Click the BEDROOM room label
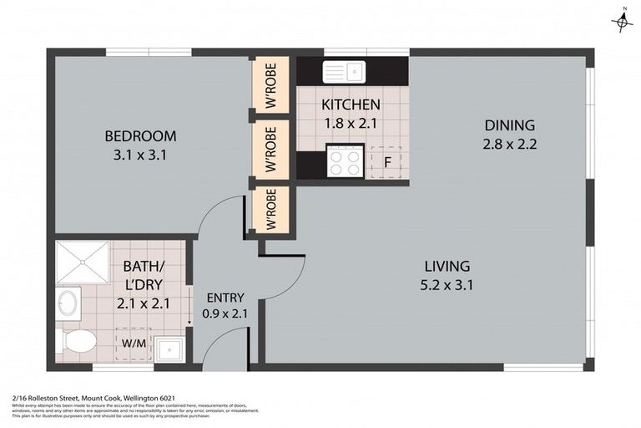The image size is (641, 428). point(139,136)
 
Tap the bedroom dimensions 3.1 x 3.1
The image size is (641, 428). point(139,155)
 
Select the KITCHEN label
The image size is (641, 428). point(351,104)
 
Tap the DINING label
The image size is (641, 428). point(509,125)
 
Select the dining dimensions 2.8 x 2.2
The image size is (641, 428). point(509,144)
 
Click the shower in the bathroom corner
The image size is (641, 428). point(82,262)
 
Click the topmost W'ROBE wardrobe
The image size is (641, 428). point(271,85)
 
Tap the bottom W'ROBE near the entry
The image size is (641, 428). point(271,209)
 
